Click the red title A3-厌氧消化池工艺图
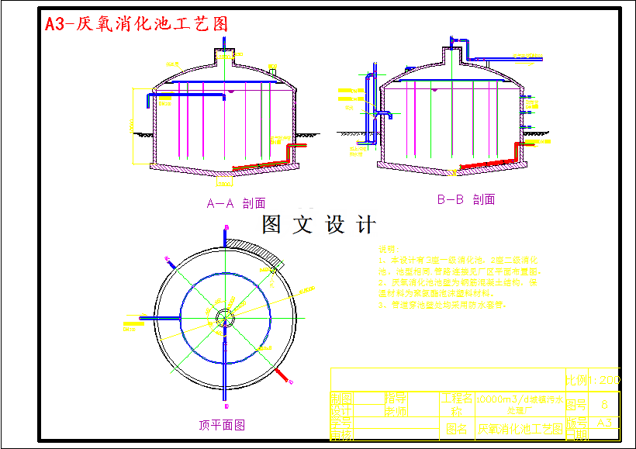[137, 24]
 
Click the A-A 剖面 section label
[236, 203]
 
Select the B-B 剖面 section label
[465, 199]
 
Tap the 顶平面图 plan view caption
[222, 424]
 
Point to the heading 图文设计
[319, 225]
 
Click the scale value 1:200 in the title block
[604, 381]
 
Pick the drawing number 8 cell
[605, 404]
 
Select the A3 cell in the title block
[605, 423]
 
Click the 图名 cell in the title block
[457, 428]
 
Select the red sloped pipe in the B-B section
[489, 162]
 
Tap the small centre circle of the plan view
[225, 316]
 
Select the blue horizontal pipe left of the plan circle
[159, 317]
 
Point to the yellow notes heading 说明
[385, 249]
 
